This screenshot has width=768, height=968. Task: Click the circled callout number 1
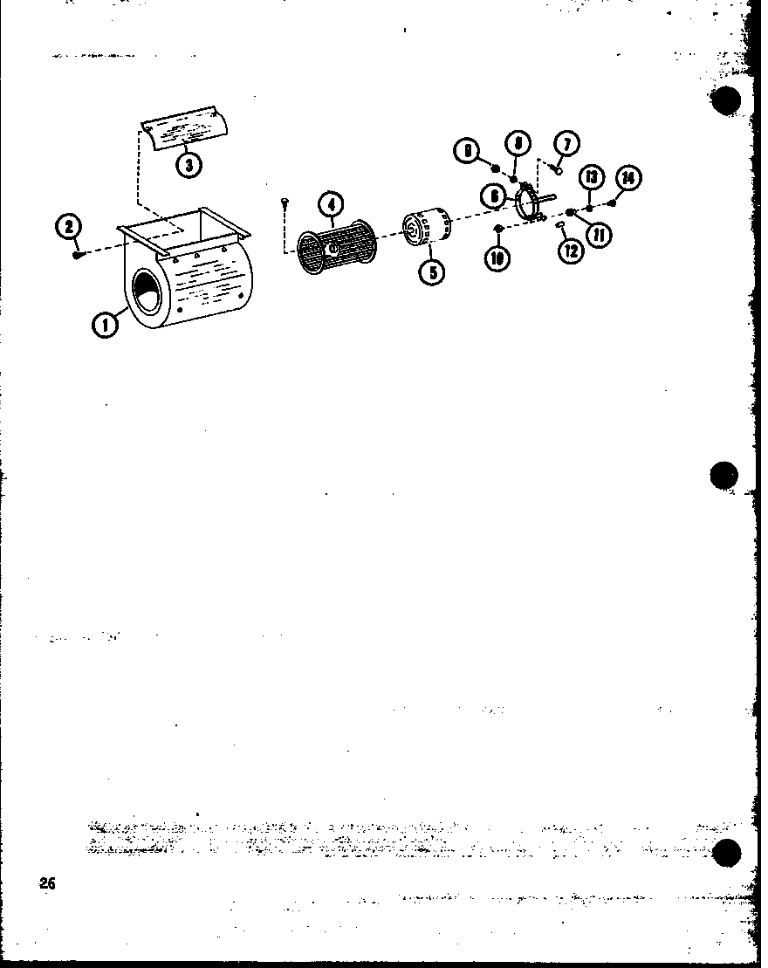105,326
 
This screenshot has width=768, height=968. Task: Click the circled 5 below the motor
430,271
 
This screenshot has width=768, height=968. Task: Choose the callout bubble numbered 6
495,196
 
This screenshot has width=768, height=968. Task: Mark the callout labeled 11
599,234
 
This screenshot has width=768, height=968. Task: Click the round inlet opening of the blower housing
147,302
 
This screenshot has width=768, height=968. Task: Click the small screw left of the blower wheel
285,203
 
